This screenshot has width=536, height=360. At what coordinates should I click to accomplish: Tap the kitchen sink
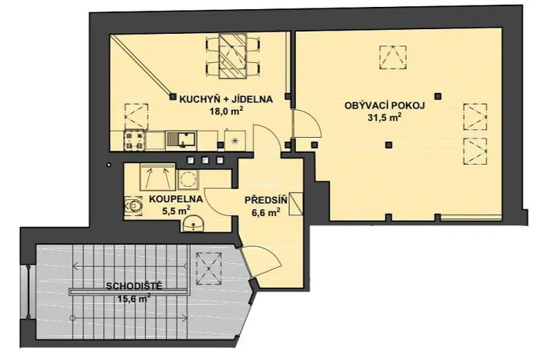pos(182,140)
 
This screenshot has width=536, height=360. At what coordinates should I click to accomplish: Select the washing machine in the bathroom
pos(187,178)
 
